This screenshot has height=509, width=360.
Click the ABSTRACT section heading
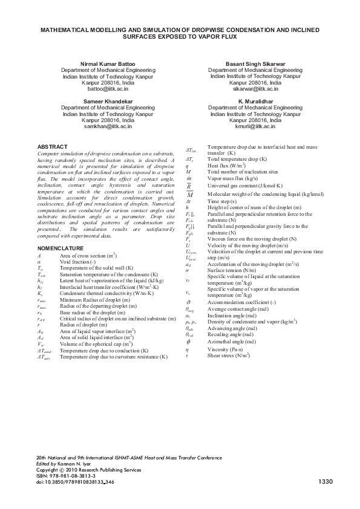point(52,147)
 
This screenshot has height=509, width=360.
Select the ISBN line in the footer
point(62,476)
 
